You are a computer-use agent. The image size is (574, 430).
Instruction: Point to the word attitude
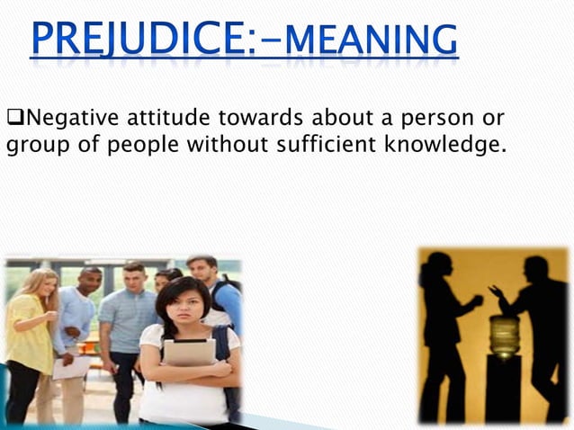pyautogui.click(x=155, y=118)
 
